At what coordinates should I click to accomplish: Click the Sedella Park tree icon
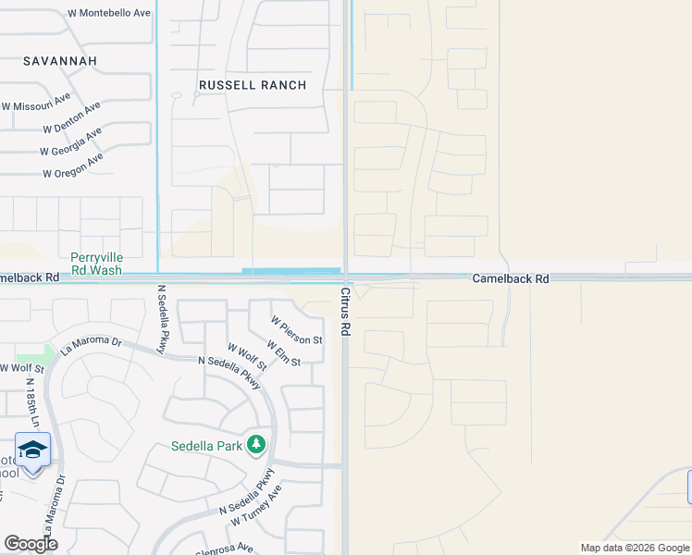[256, 446]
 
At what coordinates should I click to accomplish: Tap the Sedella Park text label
[206, 446]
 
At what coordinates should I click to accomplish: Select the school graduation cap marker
[32, 450]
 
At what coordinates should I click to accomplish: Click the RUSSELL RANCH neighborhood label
[253, 85]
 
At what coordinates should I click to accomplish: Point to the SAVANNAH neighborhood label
[60, 60]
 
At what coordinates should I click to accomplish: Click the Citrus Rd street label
[345, 311]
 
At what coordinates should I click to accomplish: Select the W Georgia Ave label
[71, 142]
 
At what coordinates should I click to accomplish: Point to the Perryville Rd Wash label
[96, 264]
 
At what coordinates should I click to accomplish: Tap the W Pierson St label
[296, 328]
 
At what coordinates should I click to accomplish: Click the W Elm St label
[283, 352]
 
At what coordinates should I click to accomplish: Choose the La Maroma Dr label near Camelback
[92, 346]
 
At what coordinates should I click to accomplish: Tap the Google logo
[31, 544]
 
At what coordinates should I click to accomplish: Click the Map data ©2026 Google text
[634, 548]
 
